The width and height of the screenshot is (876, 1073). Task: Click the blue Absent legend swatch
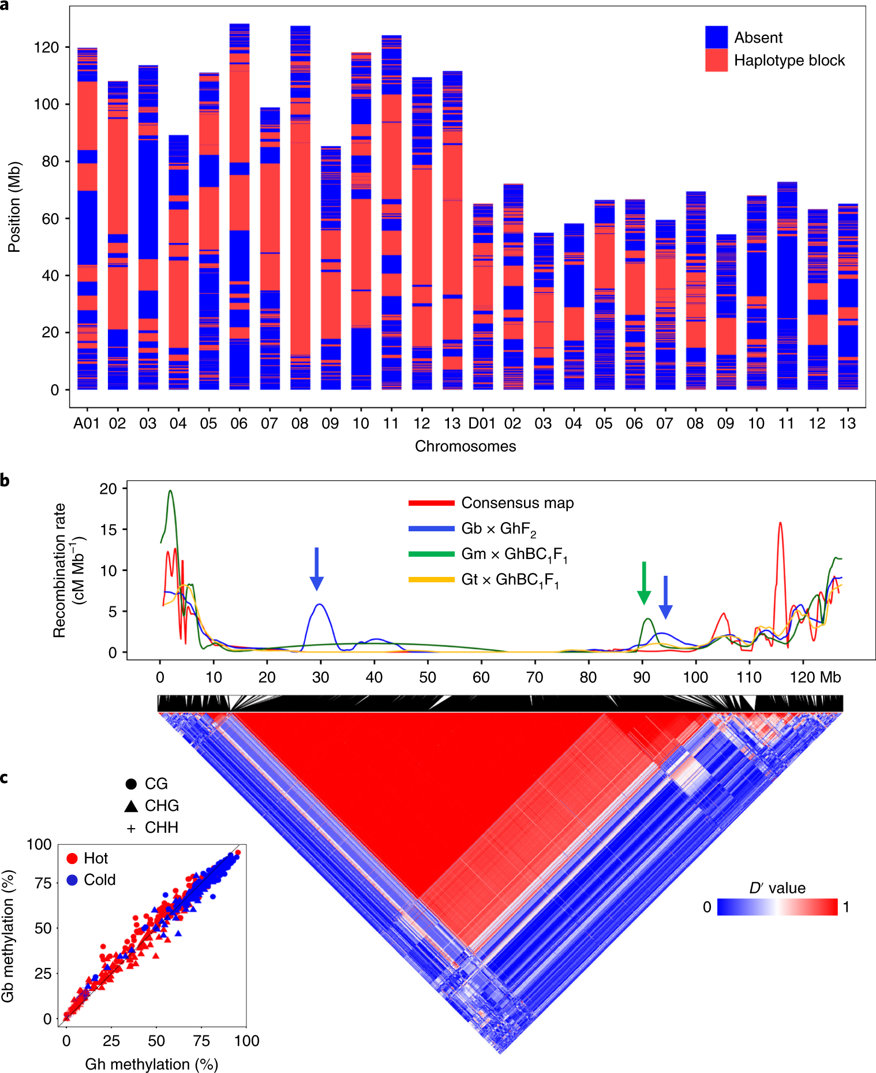716,38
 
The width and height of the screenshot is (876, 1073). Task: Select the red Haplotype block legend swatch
716,60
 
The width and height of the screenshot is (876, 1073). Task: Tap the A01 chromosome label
86,424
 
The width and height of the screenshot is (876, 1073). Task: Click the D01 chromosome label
481,424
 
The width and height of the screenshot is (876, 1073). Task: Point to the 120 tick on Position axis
47,47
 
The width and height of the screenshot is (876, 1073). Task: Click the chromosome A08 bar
300,208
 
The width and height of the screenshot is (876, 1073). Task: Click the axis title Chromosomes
465,446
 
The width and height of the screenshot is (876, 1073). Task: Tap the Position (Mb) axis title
14,207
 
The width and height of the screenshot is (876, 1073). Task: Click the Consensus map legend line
431,503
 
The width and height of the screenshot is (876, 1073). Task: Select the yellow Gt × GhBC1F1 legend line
431,579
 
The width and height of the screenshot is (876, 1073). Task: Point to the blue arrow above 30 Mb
316,569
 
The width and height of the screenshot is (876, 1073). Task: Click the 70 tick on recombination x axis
534,677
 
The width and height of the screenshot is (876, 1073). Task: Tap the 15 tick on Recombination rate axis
108,530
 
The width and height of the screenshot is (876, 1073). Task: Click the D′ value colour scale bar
777,907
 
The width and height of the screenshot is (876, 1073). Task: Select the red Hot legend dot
72,859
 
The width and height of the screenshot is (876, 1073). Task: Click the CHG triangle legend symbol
131,806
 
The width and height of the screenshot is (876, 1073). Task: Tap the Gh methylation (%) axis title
151,1064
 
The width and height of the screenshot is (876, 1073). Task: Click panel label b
5,480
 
